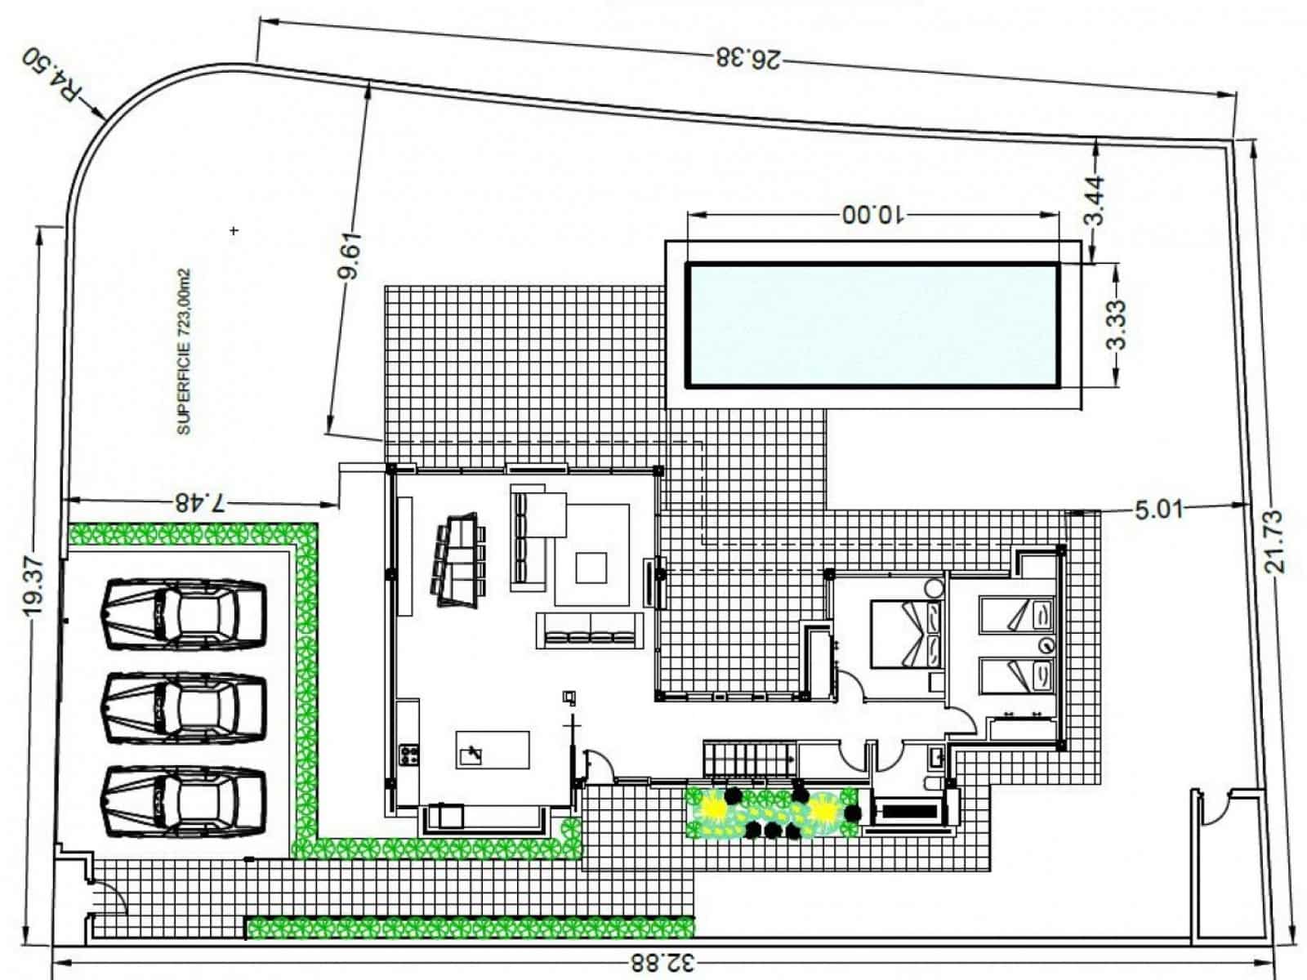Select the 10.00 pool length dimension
(x=873, y=214)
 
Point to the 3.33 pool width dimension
(x=1117, y=323)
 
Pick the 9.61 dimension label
(x=349, y=257)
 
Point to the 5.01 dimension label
(x=1158, y=510)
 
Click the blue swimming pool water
(x=872, y=323)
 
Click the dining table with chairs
(x=459, y=559)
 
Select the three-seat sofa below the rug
(x=588, y=630)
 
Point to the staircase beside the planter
(x=749, y=759)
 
